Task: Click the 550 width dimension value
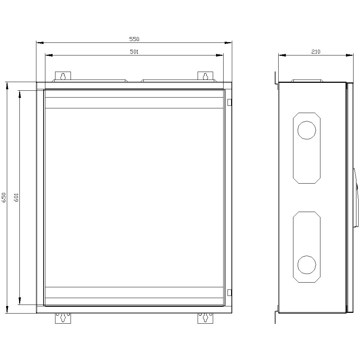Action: [134, 39]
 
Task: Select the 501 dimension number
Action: [134, 52]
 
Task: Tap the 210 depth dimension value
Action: [315, 52]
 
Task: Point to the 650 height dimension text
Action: [4, 197]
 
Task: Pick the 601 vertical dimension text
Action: [16, 197]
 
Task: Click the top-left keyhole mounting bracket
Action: [63, 76]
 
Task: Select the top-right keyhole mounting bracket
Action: [205, 76]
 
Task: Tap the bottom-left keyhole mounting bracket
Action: [63, 318]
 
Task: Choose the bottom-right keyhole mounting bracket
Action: [205, 318]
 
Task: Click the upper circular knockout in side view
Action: [307, 130]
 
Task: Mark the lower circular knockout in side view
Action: [307, 265]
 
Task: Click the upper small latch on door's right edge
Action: [229, 102]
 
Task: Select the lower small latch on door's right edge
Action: [229, 292]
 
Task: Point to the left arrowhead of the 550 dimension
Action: [40, 43]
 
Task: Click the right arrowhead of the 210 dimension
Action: [350, 55]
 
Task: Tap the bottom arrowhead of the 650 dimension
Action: [7, 309]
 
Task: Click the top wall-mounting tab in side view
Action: [276, 78]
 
